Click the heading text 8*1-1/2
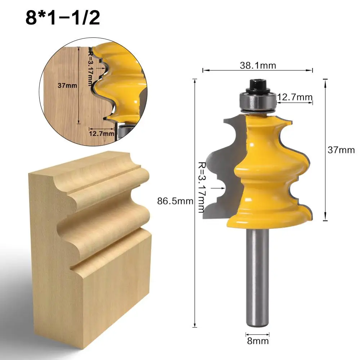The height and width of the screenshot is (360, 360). (x=63, y=18)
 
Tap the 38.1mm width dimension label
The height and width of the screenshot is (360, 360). (x=258, y=66)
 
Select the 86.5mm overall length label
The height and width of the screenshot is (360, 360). (x=175, y=201)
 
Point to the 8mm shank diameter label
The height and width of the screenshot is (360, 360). (x=258, y=341)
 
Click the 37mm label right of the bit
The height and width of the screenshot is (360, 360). (x=341, y=150)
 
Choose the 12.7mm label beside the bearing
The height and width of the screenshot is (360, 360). (x=295, y=97)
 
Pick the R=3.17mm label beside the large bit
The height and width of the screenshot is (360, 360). (x=201, y=187)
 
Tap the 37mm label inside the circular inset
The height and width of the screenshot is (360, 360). (x=67, y=86)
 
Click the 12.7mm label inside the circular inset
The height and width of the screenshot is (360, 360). (x=102, y=134)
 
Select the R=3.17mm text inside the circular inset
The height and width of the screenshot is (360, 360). (x=91, y=68)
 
